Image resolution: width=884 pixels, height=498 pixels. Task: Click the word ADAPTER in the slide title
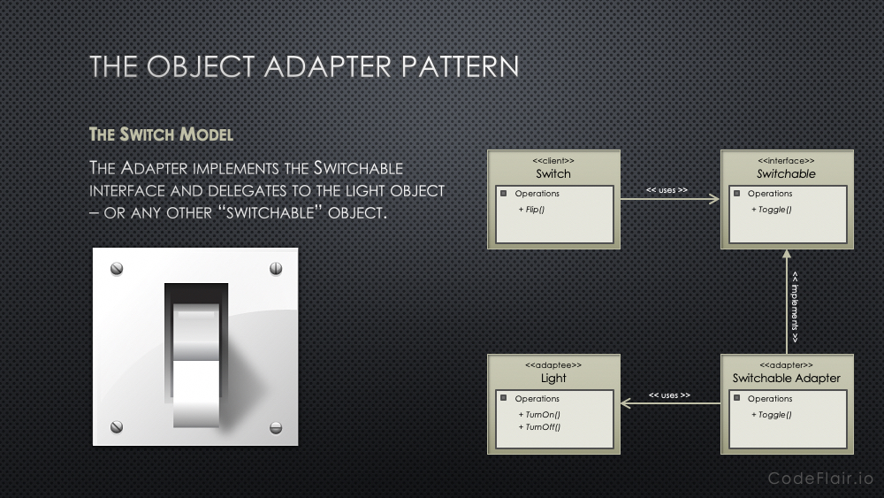point(328,66)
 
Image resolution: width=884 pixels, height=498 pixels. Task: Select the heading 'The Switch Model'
point(161,134)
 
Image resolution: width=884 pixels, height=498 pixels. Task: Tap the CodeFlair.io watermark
point(821,479)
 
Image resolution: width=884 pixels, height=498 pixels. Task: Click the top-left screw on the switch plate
point(117,268)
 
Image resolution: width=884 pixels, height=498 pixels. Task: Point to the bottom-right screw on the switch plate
point(276,427)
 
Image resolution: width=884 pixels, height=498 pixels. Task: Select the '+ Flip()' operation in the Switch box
point(531,210)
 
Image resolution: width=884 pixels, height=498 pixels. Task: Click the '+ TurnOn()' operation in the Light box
point(539,415)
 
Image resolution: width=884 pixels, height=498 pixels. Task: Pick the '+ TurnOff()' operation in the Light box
point(539,427)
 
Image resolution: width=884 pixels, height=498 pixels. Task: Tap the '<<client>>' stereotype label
point(553,161)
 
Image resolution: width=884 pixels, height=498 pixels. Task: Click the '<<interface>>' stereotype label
point(786,161)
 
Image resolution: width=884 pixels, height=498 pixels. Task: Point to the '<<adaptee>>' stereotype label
point(553,365)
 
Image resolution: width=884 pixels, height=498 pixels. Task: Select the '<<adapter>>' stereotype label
point(786,365)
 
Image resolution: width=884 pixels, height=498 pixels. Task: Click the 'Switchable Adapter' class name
point(787,378)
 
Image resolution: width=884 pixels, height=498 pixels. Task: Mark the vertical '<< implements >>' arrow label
point(795,307)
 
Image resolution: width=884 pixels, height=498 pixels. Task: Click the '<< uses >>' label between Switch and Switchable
point(667,190)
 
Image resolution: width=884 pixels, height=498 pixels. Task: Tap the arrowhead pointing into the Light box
point(625,403)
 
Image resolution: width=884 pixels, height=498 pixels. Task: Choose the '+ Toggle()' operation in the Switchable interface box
point(771,210)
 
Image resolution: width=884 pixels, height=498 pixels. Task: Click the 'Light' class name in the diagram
point(553,378)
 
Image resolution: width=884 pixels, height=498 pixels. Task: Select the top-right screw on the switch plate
point(276,268)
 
